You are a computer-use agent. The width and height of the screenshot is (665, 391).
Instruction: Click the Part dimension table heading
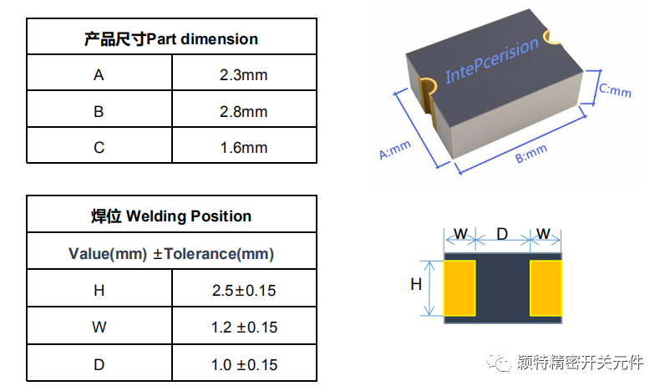171,39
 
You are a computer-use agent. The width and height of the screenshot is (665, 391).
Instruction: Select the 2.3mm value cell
243,75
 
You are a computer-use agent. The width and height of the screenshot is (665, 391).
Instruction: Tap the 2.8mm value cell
243,111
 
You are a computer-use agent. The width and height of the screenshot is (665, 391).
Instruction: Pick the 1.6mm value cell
243,147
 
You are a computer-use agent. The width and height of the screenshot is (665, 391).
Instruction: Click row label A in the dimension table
99,75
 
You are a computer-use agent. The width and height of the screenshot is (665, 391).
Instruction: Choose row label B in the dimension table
99,111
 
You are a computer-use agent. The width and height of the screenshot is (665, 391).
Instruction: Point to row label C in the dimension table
99,147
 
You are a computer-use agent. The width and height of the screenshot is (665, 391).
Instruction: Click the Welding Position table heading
171,216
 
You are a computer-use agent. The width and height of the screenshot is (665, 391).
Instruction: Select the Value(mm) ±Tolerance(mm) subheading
171,253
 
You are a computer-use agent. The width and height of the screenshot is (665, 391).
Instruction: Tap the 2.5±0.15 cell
244,291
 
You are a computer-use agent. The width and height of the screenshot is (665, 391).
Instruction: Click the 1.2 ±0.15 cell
244,328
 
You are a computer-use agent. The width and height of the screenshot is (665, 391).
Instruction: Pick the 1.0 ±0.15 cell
244,364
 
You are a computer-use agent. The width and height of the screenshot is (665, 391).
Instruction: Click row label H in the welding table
99,291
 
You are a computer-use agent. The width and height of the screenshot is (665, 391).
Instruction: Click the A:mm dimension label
395,150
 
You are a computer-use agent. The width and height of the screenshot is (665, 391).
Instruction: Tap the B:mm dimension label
531,154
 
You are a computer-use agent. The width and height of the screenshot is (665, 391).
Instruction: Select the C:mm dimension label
616,89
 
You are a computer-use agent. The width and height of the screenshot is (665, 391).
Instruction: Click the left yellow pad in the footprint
459,288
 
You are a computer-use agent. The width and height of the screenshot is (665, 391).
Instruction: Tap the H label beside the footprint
415,285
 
